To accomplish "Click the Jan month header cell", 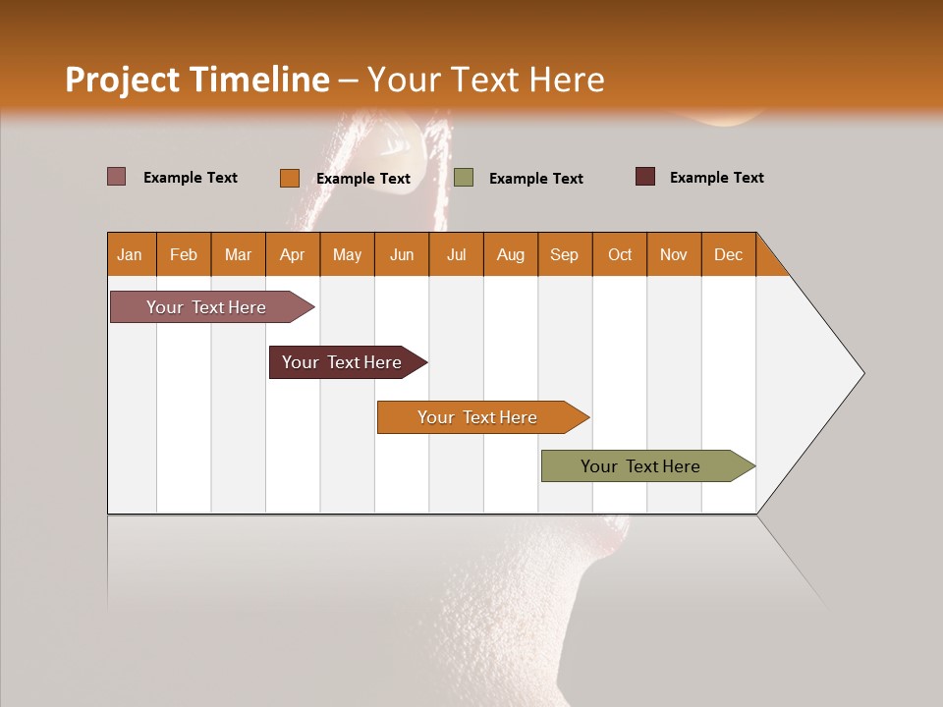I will (x=130, y=254).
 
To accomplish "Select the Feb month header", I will (x=184, y=254).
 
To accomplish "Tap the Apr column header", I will (x=293, y=254).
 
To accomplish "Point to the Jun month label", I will (x=402, y=254).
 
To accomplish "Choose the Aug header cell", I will (x=511, y=254).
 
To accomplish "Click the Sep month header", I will (x=565, y=254).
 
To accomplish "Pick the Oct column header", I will (x=620, y=254).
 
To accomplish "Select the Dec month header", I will (x=729, y=254).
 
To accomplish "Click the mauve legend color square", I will (x=117, y=177).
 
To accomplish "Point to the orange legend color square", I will (x=290, y=178).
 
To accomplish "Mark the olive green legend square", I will (x=464, y=178).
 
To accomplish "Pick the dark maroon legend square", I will (x=645, y=177).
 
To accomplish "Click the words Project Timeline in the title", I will (x=197, y=80).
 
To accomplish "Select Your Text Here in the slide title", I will (x=486, y=80).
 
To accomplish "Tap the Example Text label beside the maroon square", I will (x=717, y=178).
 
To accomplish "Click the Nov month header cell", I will (x=674, y=254).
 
